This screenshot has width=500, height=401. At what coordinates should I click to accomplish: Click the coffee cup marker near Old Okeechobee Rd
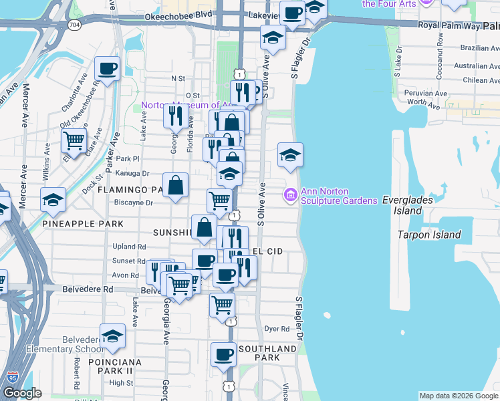108,68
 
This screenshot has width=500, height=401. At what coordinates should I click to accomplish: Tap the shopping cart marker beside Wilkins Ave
74,141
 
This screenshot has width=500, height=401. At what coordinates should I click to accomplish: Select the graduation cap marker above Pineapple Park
53,200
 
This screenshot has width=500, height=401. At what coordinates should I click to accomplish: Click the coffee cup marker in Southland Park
223,354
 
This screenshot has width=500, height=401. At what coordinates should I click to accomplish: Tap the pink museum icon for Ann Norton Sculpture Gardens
291,195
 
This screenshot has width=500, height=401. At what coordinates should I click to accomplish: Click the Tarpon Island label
428,235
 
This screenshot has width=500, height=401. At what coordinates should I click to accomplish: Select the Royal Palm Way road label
449,25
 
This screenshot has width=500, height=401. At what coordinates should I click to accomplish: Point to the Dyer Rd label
276,329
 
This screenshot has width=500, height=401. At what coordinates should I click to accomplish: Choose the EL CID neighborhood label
267,251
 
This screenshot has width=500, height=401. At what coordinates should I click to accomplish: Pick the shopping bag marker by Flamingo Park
175,186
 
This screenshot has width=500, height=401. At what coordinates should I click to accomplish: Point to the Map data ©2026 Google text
458,396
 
